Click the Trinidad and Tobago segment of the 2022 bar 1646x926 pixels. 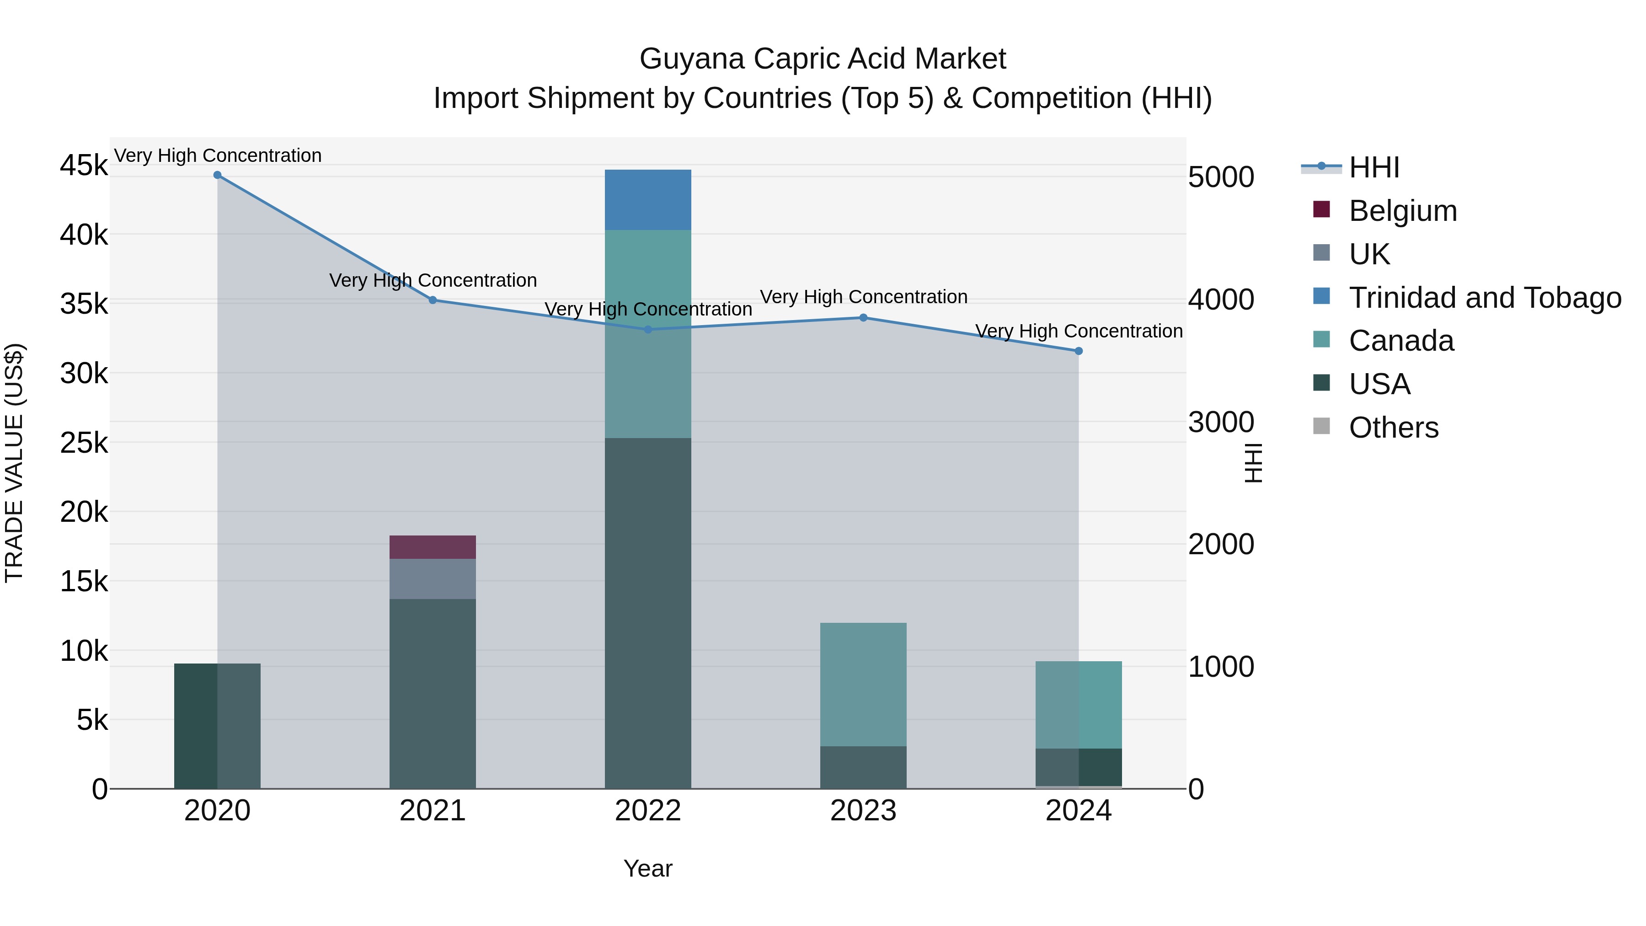[x=647, y=199]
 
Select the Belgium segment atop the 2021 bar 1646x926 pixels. [x=433, y=547]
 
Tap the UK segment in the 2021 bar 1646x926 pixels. [x=433, y=578]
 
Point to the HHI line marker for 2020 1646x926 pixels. [x=217, y=175]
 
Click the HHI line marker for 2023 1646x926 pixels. [x=863, y=318]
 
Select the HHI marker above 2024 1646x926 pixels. [x=1078, y=351]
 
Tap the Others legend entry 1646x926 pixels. [x=1393, y=428]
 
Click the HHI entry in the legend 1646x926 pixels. [x=1374, y=167]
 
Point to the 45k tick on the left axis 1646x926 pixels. [x=84, y=166]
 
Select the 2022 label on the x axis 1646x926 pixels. [x=647, y=811]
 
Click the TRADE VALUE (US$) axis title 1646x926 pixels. [x=14, y=463]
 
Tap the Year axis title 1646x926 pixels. [x=647, y=868]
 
